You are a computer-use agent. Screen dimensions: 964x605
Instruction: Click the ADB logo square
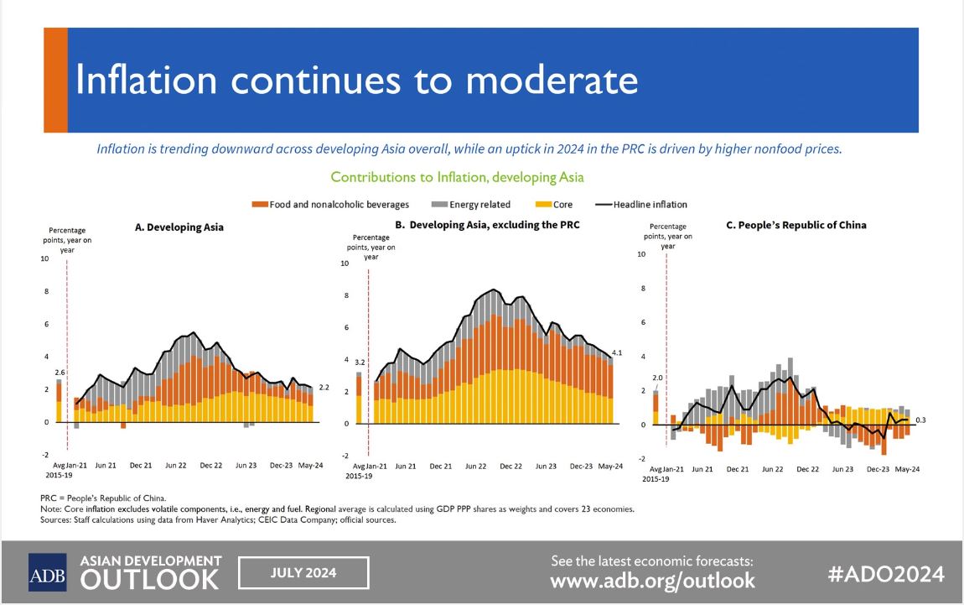pyautogui.click(x=47, y=572)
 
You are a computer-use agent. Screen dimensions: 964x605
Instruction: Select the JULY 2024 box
pyautogui.click(x=303, y=573)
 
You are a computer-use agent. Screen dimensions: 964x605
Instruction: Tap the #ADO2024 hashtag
pyautogui.click(x=886, y=574)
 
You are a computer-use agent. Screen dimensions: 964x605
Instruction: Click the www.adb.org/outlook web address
pyautogui.click(x=652, y=581)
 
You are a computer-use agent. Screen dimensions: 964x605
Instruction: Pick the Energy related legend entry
pyautogui.click(x=471, y=205)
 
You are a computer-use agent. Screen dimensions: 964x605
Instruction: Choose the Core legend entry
pyautogui.click(x=554, y=205)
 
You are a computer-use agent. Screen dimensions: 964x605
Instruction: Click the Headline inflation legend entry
pyautogui.click(x=641, y=205)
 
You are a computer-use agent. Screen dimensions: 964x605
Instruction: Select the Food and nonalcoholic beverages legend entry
pyautogui.click(x=330, y=205)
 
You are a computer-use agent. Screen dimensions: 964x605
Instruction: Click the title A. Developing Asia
pyautogui.click(x=179, y=227)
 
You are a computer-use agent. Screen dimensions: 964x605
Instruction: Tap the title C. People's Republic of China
pyautogui.click(x=796, y=225)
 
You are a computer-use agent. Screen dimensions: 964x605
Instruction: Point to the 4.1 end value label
pyautogui.click(x=617, y=352)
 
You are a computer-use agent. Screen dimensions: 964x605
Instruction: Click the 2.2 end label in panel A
pyautogui.click(x=324, y=387)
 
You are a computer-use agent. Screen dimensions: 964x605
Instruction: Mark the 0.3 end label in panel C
pyautogui.click(x=920, y=420)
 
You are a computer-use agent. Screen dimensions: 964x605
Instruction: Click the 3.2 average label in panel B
pyautogui.click(x=360, y=362)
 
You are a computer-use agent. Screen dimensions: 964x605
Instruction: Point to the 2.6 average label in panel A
pyautogui.click(x=60, y=373)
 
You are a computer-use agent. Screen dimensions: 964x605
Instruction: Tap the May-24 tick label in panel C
pyautogui.click(x=908, y=469)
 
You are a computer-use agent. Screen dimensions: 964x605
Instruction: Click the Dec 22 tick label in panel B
pyautogui.click(x=511, y=466)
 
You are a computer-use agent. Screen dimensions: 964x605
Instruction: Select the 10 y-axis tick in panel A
pyautogui.click(x=45, y=258)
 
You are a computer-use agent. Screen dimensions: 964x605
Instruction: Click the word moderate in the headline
pyautogui.click(x=552, y=81)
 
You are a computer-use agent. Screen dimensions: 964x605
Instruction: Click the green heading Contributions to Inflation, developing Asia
pyautogui.click(x=457, y=177)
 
